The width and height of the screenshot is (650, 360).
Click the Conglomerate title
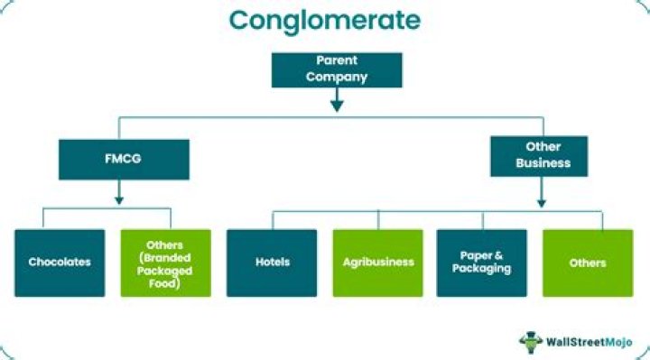[324, 20]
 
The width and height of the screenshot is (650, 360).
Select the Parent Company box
[335, 69]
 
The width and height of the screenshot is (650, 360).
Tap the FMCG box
[125, 159]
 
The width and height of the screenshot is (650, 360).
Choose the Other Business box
[539, 155]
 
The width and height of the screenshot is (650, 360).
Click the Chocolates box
[59, 262]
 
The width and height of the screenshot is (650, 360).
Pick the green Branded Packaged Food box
[165, 262]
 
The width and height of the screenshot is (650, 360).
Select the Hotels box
[272, 262]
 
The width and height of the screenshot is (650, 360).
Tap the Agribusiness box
[377, 262]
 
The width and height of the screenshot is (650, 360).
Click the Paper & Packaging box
[482, 262]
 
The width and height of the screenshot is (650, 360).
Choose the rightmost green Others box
[588, 262]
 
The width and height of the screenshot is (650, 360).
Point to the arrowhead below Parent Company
[336, 105]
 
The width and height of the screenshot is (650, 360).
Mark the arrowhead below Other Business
[540, 202]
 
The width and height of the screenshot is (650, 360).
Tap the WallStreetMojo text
[588, 341]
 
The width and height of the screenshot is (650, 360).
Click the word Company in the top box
[335, 77]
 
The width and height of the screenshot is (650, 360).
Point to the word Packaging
[482, 269]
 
